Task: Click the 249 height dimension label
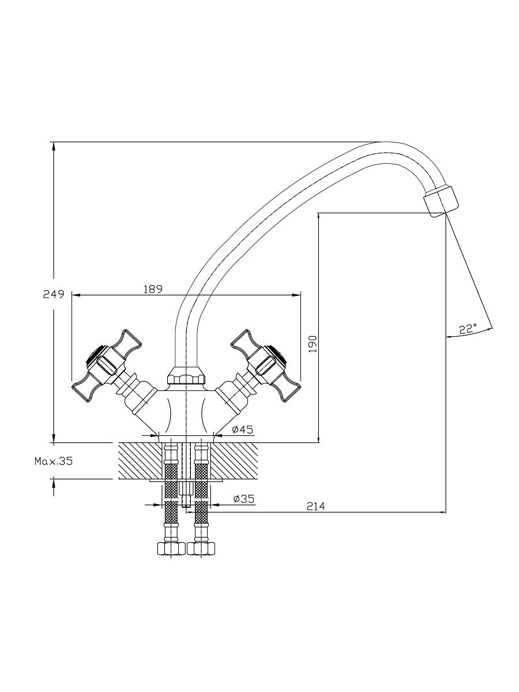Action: coord(53,294)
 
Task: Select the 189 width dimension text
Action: coord(153,289)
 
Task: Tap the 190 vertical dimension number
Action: coord(313,344)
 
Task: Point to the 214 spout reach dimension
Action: coord(315,506)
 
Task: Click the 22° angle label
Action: coord(468,329)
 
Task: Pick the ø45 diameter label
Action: coord(243,430)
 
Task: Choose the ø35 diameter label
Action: coord(243,490)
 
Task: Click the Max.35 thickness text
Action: coord(54,461)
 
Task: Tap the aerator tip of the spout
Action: coord(441,201)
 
